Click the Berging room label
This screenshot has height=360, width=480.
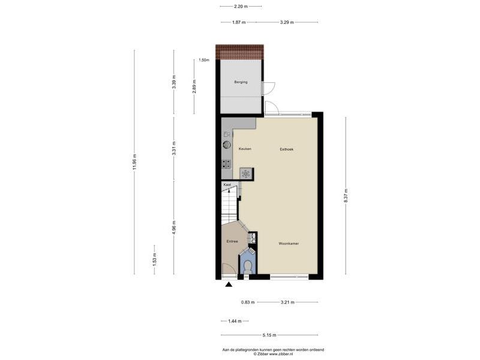pos(241,82)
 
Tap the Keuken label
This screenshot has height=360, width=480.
pos(245,149)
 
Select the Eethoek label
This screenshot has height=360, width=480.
pos(287,149)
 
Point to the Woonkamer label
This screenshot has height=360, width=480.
pos(289,244)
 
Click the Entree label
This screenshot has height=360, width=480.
pos(232,242)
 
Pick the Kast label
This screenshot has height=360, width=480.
pos(227,185)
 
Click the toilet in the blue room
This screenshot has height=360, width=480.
pos(247,266)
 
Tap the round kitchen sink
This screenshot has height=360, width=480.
pos(227,145)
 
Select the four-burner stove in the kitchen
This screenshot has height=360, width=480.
pos(227,164)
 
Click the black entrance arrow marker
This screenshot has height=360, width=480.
pos(229,286)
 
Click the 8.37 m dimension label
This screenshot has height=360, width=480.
pos(346,196)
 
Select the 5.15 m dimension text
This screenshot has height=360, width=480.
pos(269,335)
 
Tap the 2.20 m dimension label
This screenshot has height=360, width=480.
pos(241,6)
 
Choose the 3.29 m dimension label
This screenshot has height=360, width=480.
pos(287,22)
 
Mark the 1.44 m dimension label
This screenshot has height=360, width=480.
pos(235,321)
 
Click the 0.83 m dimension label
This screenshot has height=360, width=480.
pos(248,302)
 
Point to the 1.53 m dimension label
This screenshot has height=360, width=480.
pos(155,259)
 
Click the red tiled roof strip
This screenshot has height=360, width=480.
pos(239,52)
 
